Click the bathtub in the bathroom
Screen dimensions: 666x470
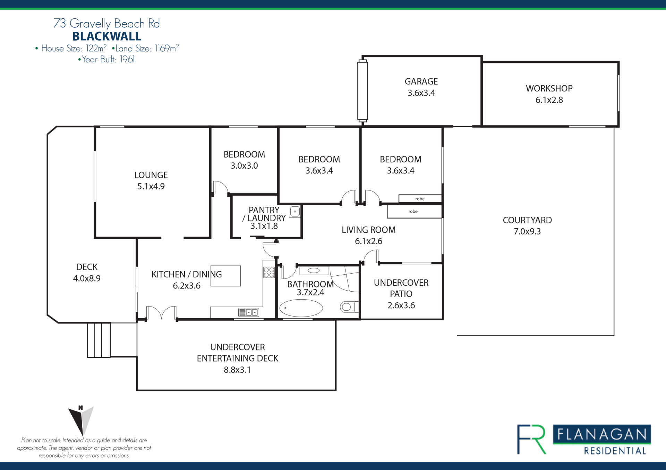coord(301,308)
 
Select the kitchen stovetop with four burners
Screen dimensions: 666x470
coord(269,272)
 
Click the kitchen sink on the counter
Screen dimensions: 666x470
coord(249,312)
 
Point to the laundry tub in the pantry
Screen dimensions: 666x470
coord(295,211)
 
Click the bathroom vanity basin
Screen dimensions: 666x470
coord(314,271)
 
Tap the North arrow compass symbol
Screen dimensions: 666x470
coord(81,420)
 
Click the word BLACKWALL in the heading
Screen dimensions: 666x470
coord(107,36)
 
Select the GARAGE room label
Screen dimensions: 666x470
coord(421,81)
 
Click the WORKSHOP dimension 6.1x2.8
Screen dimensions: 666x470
coord(549,100)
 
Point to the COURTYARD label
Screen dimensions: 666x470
coord(527,220)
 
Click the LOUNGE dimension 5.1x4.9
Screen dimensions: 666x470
coord(151,186)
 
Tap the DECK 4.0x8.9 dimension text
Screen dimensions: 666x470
coord(87,278)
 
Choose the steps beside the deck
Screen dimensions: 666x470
coord(99,340)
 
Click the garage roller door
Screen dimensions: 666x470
coord(362,91)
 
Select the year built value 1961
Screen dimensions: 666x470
coord(127,60)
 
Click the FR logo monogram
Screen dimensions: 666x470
coord(531,439)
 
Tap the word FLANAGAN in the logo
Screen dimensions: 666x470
coord(602,434)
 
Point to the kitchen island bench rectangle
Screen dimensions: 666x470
coord(225,276)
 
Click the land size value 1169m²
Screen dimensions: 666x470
coord(166,48)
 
